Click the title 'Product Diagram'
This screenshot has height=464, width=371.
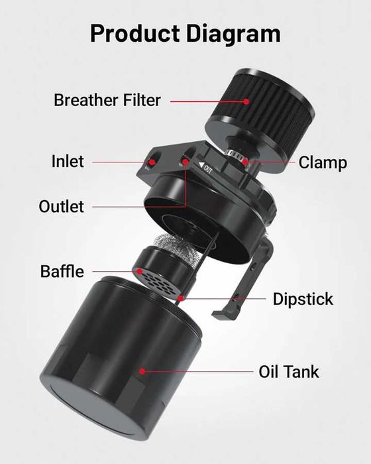coord(185,32)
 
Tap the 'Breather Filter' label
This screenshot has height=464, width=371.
coord(107,101)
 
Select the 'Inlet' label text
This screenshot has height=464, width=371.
coord(68,161)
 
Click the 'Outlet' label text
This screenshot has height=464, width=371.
coord(61,206)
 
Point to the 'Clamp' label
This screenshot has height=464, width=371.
coord(323,162)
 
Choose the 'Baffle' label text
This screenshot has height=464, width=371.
coord(62,271)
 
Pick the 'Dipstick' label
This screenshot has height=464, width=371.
coord(303,299)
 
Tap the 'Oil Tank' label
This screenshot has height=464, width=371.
coord(288,371)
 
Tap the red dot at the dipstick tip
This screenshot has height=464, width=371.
coord(180,299)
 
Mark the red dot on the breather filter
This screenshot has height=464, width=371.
coord(246,101)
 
